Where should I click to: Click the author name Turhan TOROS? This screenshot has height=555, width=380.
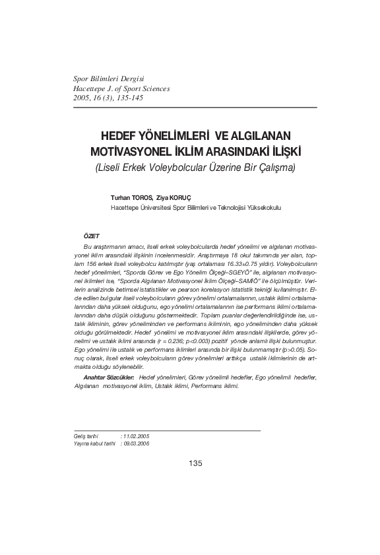point(131,197)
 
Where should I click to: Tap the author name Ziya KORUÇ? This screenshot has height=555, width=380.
point(173,197)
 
